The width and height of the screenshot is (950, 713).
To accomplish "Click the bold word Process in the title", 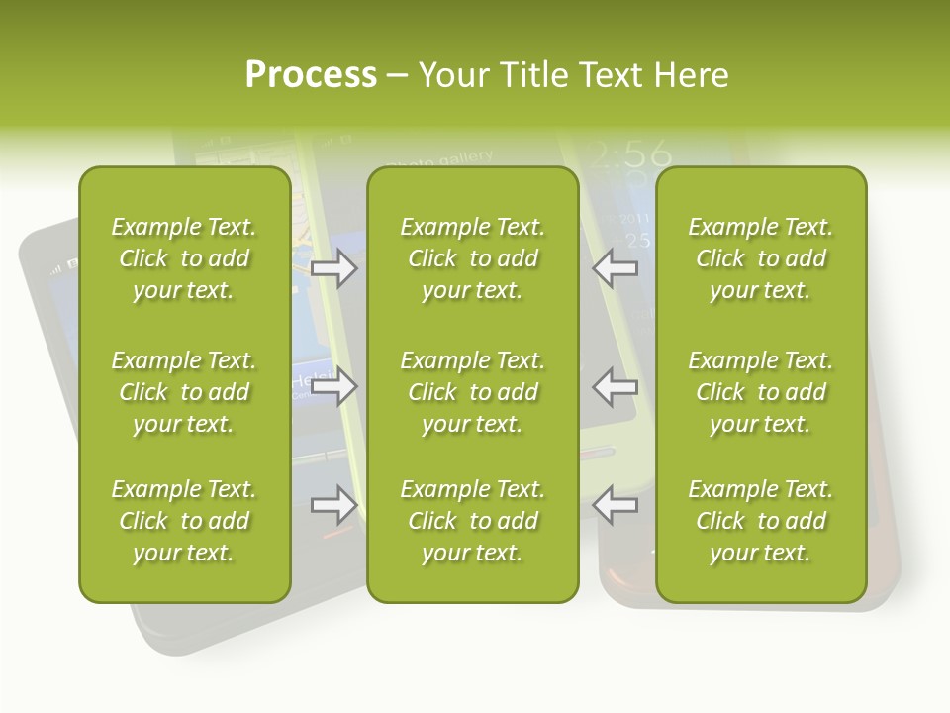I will coord(311,75).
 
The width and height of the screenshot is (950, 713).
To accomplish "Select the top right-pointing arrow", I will coord(334,269).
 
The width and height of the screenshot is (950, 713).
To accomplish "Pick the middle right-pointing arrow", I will coord(334,387).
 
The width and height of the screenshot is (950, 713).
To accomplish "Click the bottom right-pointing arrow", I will coord(334,505).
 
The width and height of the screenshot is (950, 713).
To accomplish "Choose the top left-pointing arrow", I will coord(615,269).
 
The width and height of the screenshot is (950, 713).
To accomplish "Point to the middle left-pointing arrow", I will coord(615,387).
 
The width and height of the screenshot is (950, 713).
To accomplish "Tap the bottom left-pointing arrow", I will coord(615,505).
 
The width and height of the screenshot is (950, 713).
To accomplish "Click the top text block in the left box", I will coord(184,258).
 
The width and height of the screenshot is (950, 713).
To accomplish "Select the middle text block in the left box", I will coord(184,392).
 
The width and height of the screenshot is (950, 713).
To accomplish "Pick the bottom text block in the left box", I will coord(184,521).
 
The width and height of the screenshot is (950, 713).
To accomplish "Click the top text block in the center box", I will coord(472,258).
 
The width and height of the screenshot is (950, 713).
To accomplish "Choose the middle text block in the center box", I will coord(472,392).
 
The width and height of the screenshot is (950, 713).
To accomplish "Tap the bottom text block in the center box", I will coord(472,521).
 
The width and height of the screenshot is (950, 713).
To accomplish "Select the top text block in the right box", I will coord(760,258).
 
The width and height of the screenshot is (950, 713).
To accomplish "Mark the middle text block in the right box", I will coord(760,392).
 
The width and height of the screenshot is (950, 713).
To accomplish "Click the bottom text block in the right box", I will coord(760,521).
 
